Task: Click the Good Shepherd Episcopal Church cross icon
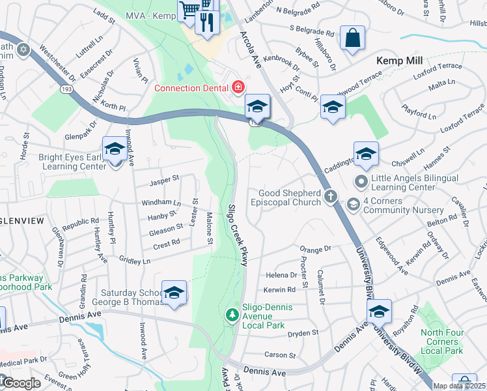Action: pyautogui.click(x=331, y=196)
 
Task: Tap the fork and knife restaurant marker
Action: pyautogui.click(x=207, y=23)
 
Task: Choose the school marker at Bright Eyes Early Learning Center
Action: pyautogui.click(x=115, y=149)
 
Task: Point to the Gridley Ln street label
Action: pyautogui.click(x=135, y=261)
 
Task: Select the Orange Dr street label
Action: pyautogui.click(x=316, y=249)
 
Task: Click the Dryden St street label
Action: pyautogui.click(x=303, y=333)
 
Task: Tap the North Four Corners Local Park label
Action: pyautogui.click(x=442, y=341)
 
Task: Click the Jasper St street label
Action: pyautogui.click(x=164, y=184)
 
